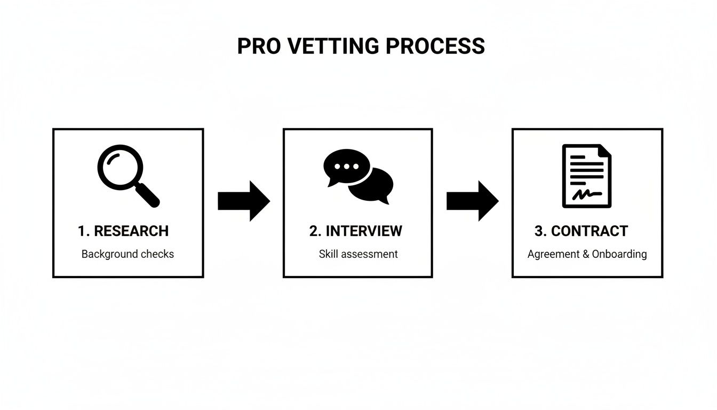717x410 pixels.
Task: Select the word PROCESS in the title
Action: [x=435, y=46]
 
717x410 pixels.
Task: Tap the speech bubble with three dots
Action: [x=346, y=166]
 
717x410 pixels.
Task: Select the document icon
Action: [x=587, y=176]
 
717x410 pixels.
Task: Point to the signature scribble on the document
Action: [x=586, y=194]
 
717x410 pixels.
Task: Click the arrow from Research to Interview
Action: [x=244, y=201]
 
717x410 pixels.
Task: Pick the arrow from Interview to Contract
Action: [x=472, y=201]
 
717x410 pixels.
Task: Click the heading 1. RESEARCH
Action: [x=123, y=231]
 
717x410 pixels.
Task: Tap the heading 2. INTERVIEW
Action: [x=356, y=231]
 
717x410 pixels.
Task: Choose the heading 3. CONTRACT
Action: [x=581, y=231]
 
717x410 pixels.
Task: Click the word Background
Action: [x=109, y=254]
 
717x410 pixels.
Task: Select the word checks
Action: [x=157, y=254]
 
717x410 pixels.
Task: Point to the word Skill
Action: [x=328, y=254]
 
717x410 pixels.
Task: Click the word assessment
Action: [x=369, y=254]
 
